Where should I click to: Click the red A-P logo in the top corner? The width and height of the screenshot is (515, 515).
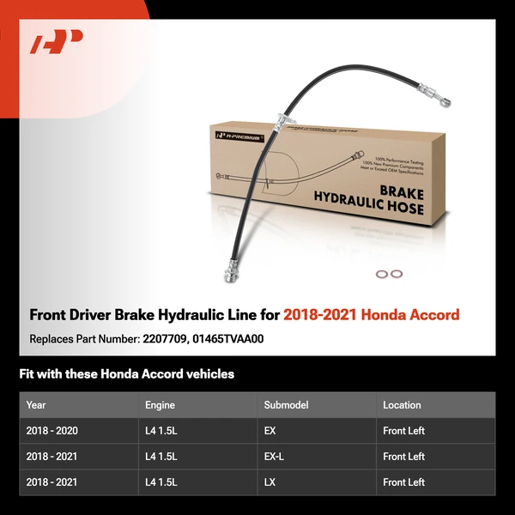(x=56, y=42)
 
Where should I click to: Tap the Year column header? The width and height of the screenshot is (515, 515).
(x=36, y=405)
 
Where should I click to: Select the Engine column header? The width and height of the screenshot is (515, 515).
(x=161, y=405)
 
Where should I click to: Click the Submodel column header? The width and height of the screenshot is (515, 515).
(x=286, y=405)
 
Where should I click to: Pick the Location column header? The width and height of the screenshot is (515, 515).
(x=402, y=405)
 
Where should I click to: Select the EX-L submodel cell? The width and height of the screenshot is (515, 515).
(x=275, y=457)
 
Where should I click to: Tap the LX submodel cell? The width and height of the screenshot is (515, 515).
(x=270, y=482)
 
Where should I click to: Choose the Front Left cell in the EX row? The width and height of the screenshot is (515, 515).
(x=403, y=431)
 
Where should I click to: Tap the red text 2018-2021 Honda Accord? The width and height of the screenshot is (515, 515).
(x=372, y=315)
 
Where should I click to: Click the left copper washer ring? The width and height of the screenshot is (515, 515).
(x=381, y=275)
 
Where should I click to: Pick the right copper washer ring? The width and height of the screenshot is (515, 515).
(x=396, y=275)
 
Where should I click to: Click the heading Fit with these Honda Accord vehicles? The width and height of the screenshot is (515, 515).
(x=127, y=374)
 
